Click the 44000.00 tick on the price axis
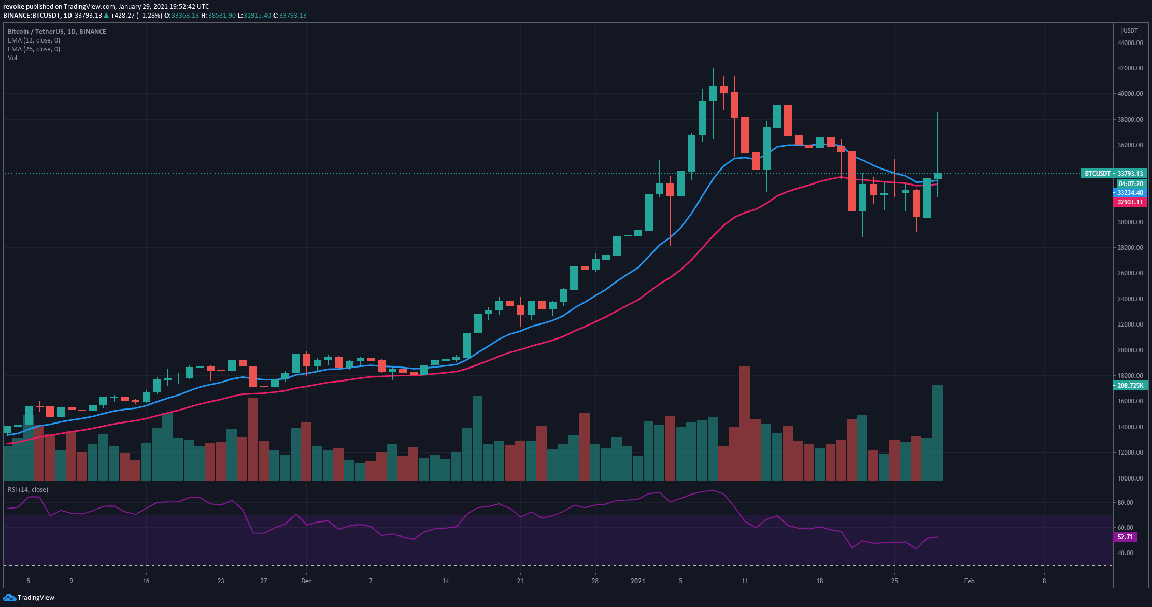point(1130,43)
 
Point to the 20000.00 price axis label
point(1130,350)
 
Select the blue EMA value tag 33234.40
point(1130,193)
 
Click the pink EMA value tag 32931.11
point(1130,202)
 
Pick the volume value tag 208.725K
point(1130,386)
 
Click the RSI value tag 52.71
point(1125,537)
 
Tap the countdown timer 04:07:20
point(1130,184)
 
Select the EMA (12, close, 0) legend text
point(34,40)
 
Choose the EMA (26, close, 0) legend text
point(34,49)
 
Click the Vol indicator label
point(12,58)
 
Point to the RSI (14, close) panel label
point(27,490)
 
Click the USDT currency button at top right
point(1130,31)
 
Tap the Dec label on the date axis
point(306,581)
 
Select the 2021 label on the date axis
point(638,581)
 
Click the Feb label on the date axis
point(969,581)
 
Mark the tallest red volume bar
point(745,422)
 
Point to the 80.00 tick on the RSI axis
point(1125,503)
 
